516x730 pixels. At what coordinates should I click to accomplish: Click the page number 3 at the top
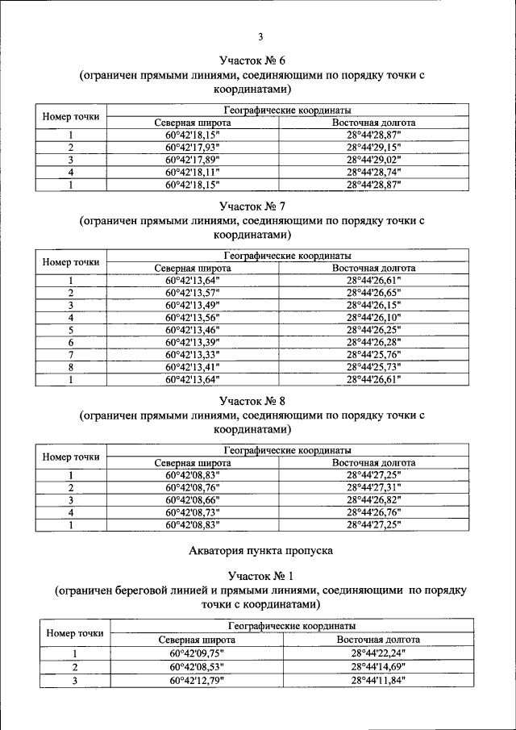click(260, 35)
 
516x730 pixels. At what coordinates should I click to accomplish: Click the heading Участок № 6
click(252, 60)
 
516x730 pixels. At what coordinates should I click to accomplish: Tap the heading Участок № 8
click(252, 400)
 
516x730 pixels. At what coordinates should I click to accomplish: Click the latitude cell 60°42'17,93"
click(193, 148)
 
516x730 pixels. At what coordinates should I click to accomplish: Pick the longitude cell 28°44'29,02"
click(373, 160)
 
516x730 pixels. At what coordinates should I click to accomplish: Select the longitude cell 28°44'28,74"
click(373, 172)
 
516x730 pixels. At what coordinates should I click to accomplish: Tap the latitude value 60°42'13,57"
click(193, 293)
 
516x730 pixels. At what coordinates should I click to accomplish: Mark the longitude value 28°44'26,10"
click(373, 318)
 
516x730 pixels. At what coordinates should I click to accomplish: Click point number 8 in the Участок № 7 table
click(71, 366)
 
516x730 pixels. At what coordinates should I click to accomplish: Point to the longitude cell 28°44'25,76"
click(373, 354)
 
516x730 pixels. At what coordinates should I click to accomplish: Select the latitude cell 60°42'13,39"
click(193, 342)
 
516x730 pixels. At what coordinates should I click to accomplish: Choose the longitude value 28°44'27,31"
click(373, 487)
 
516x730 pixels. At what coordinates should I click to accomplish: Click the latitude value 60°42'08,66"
click(193, 500)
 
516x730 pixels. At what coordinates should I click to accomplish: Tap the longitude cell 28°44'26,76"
click(373, 512)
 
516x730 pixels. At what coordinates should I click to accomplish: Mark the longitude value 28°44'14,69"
click(377, 667)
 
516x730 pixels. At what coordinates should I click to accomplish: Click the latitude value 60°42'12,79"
click(197, 680)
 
